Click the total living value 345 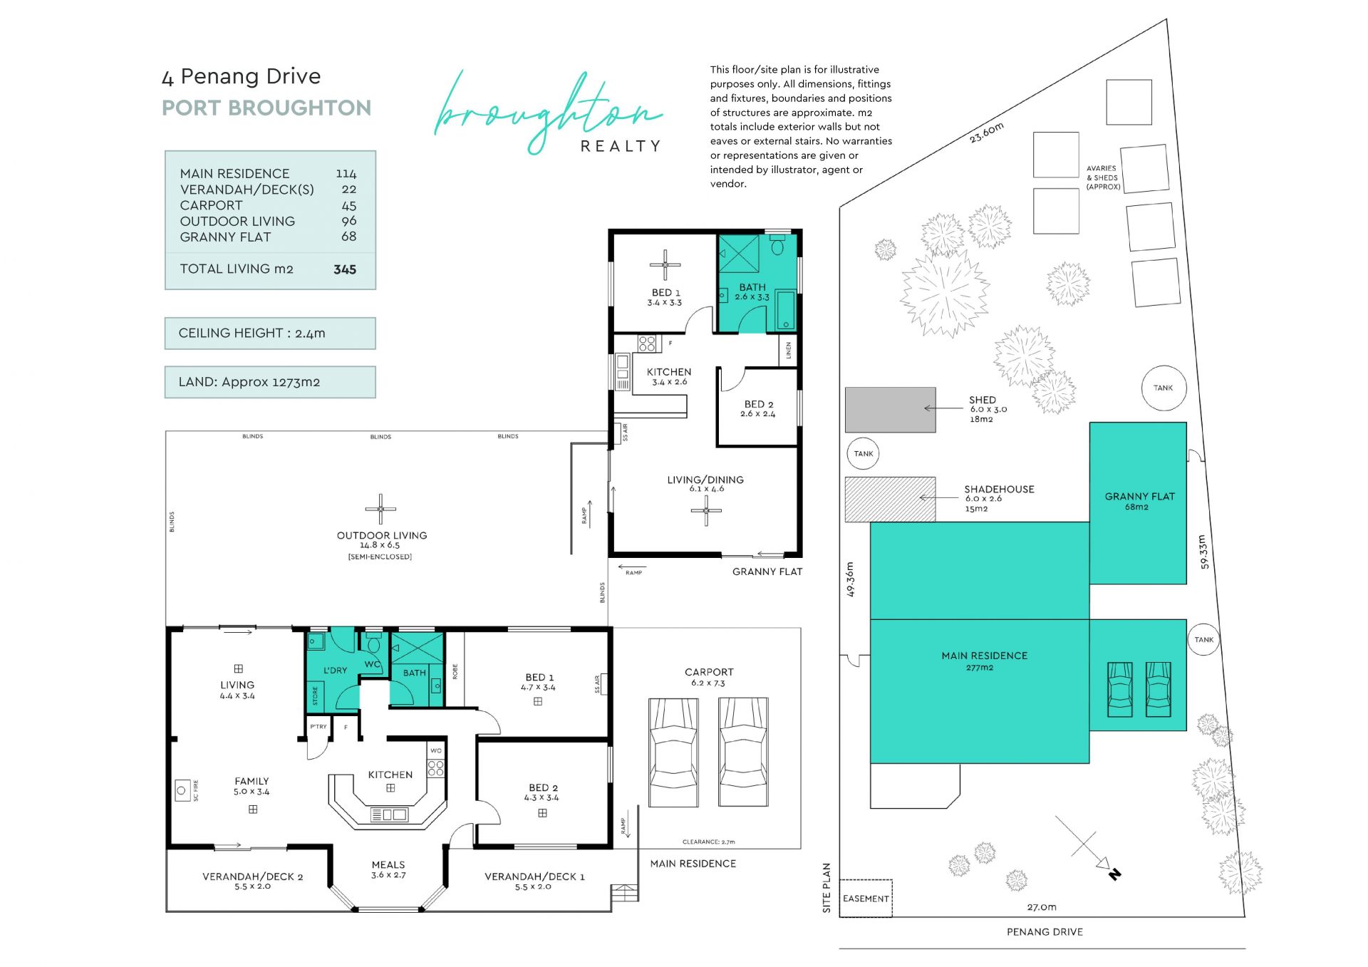345,269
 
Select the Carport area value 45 348,205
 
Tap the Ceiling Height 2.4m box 270,333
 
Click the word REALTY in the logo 621,146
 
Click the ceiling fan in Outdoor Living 380,509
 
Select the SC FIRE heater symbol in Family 182,790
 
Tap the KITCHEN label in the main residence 390,775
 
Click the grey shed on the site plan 890,410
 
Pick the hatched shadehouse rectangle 890,500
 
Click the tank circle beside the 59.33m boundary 1203,639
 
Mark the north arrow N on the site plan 1114,874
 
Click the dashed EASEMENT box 866,899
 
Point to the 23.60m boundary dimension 987,132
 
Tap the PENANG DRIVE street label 1045,932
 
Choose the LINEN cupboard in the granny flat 788,350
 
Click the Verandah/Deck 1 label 534,876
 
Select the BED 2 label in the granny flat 759,404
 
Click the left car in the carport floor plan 673,752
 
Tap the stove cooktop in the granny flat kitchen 647,343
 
